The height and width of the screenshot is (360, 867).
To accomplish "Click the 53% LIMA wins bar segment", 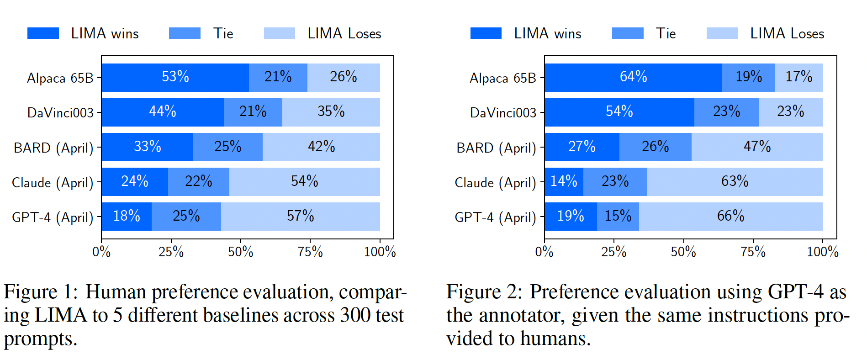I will [x=175, y=77].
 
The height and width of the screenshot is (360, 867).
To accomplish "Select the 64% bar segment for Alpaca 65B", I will [x=633, y=77].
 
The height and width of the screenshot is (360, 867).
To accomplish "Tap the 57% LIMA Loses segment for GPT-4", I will [x=300, y=216].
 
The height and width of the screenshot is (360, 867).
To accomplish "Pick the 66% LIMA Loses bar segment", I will [x=730, y=216].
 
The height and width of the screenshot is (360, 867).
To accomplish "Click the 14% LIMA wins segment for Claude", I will [x=564, y=181].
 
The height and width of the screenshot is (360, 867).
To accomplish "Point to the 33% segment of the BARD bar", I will [x=148, y=147].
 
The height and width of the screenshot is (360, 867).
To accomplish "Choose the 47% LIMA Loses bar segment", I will [x=757, y=147].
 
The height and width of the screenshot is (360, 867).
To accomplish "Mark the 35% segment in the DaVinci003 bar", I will [x=331, y=112].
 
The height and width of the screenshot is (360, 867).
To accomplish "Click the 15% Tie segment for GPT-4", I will [x=618, y=216].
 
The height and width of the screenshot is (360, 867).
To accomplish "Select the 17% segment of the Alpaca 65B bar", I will [x=798, y=77].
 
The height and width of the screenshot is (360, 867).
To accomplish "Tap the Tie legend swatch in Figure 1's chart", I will [x=185, y=33].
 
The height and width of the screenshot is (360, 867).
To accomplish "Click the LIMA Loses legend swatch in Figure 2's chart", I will [x=722, y=33].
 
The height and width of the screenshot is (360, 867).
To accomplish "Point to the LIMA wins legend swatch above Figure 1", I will [x=43, y=33].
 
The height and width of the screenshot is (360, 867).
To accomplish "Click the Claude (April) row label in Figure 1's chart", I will [x=53, y=183].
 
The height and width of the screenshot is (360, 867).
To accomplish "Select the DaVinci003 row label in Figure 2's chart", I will [x=503, y=113].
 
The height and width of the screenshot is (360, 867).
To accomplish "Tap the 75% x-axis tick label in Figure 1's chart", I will [x=310, y=252].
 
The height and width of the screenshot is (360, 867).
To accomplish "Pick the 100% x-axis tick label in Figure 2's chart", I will [x=822, y=252].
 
